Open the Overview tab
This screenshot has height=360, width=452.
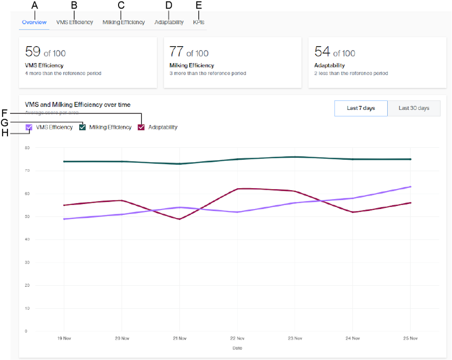(x=34, y=22)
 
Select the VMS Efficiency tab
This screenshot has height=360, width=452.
(x=74, y=22)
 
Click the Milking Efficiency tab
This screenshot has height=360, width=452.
(x=124, y=22)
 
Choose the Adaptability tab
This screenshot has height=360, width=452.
(x=169, y=22)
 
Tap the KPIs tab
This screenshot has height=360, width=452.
(x=198, y=22)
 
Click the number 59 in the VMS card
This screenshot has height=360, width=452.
(x=33, y=52)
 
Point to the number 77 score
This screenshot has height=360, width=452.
(x=176, y=52)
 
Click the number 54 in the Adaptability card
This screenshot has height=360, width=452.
(x=322, y=52)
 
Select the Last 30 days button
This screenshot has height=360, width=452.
(x=414, y=108)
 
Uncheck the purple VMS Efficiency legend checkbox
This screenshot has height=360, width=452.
(x=29, y=128)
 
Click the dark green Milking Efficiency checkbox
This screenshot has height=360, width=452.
(x=82, y=128)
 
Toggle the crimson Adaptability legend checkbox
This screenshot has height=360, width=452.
(x=141, y=128)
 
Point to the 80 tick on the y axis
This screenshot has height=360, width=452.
(x=27, y=148)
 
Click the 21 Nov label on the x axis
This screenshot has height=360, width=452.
(x=180, y=338)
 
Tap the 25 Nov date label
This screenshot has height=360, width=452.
(x=411, y=338)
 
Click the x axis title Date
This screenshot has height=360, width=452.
(x=237, y=347)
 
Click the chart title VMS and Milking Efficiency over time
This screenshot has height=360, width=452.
(x=77, y=105)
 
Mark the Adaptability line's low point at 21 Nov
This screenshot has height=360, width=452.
(x=180, y=219)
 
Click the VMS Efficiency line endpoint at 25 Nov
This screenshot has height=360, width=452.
(x=411, y=187)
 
